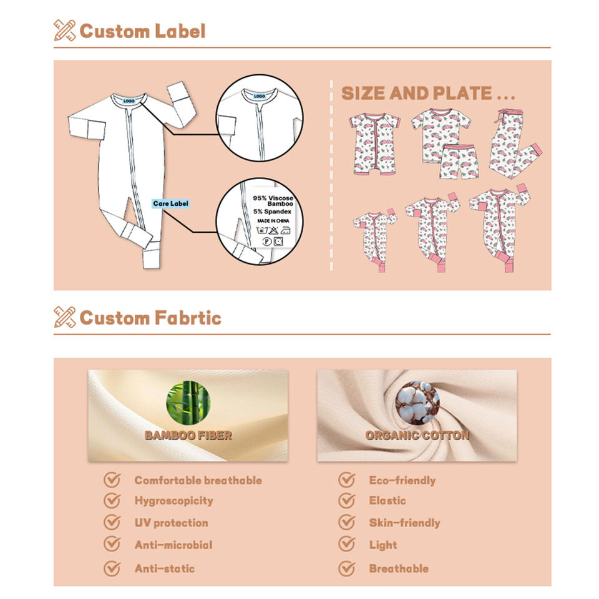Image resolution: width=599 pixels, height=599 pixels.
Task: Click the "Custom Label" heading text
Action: point(142,31)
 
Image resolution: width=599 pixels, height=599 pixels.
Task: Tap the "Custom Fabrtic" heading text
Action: point(150,318)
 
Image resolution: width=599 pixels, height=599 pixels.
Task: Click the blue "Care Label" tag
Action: point(170,203)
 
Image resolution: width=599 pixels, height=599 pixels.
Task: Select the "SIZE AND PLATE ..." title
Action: point(428,94)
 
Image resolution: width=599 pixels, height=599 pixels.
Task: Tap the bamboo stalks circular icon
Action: point(188,402)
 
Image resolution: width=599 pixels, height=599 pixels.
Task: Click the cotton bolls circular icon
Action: point(417,402)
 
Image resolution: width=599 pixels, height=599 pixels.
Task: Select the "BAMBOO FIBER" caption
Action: point(188,436)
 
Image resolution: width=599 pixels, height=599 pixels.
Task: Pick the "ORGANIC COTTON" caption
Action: point(417,436)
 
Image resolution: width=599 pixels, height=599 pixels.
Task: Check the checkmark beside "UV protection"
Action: point(112,522)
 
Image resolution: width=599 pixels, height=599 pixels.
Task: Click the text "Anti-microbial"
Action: point(173,545)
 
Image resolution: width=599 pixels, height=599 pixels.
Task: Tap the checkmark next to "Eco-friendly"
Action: point(346,480)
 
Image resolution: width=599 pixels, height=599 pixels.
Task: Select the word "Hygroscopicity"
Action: point(173,500)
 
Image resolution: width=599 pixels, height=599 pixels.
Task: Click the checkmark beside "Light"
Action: point(346,545)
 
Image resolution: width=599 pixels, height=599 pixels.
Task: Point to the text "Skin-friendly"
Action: point(404,522)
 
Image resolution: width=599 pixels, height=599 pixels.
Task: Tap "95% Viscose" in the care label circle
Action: point(273,198)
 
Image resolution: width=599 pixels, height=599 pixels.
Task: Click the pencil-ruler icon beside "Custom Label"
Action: point(64,31)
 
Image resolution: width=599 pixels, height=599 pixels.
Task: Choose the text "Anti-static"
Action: point(165,568)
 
